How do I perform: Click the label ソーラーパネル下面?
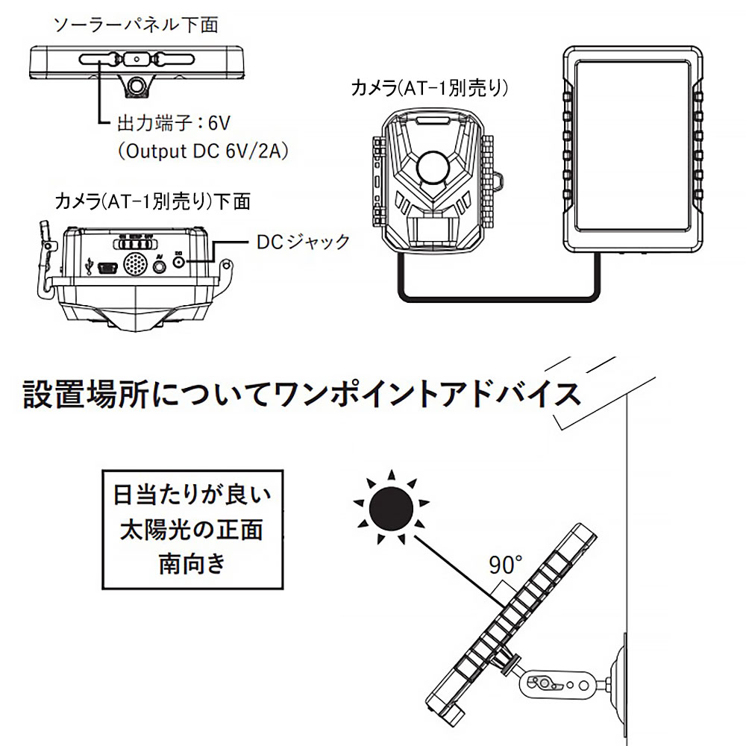(136, 25)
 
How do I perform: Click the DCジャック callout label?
(302, 242)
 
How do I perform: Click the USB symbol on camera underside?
(90, 265)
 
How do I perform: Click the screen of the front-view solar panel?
(632, 148)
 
